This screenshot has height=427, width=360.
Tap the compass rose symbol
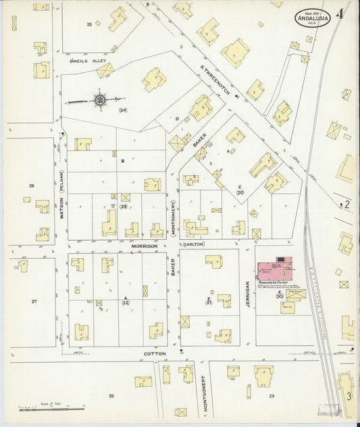[x=99, y=101]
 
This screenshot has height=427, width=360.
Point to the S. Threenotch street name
[x=215, y=80]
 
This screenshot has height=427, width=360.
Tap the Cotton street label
[x=150, y=353]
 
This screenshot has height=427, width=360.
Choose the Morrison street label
[x=145, y=247]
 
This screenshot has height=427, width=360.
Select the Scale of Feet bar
[x=51, y=409]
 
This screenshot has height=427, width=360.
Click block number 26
[x=31, y=185]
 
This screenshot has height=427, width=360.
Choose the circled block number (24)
[x=122, y=109]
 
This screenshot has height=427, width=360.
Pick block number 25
[x=88, y=24]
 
